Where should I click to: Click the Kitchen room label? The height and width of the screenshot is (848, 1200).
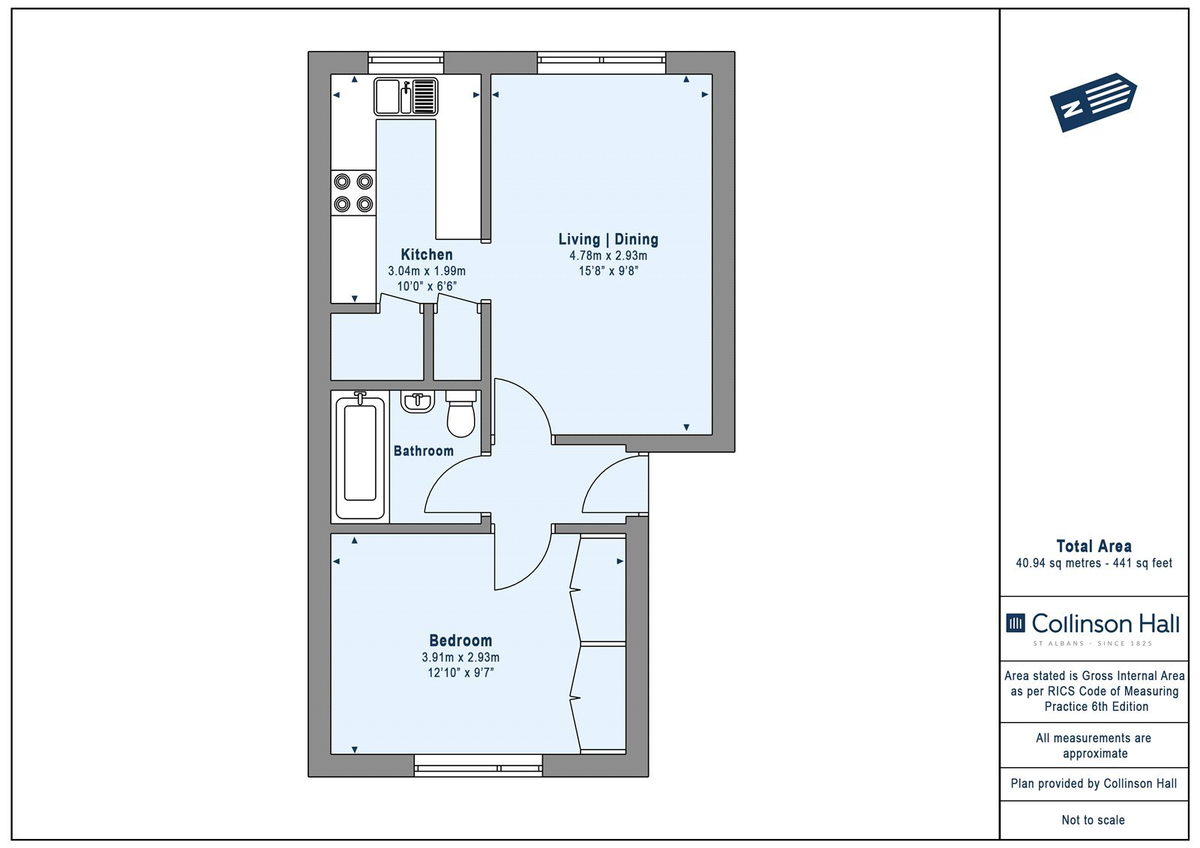(427, 254)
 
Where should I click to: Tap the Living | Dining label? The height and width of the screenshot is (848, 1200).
(608, 239)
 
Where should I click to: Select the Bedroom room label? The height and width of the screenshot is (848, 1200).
(460, 640)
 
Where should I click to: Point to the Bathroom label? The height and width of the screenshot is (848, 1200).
(423, 451)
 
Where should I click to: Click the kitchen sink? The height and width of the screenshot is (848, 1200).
(406, 97)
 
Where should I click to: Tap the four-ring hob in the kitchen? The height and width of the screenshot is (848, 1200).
(353, 193)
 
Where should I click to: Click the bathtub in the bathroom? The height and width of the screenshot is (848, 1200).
(360, 457)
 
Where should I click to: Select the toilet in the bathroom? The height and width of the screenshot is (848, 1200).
(460, 414)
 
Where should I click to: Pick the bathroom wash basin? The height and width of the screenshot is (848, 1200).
(418, 402)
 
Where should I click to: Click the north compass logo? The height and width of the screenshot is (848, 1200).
(1093, 102)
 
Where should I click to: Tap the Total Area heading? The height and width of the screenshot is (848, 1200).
(1093, 547)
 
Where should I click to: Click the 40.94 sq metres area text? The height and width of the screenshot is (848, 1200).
(1058, 563)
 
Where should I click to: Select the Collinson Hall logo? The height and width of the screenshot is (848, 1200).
(1093, 628)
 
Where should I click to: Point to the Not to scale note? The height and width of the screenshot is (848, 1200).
(1093, 820)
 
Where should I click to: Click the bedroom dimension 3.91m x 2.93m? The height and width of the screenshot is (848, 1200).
(460, 658)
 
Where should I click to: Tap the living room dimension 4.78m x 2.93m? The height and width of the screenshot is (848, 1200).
(608, 256)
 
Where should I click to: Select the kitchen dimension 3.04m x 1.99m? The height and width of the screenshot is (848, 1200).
(427, 271)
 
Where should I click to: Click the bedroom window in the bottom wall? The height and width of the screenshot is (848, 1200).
(478, 766)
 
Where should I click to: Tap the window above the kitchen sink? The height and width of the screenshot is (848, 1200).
(406, 62)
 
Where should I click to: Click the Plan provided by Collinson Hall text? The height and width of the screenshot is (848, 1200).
(1093, 784)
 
